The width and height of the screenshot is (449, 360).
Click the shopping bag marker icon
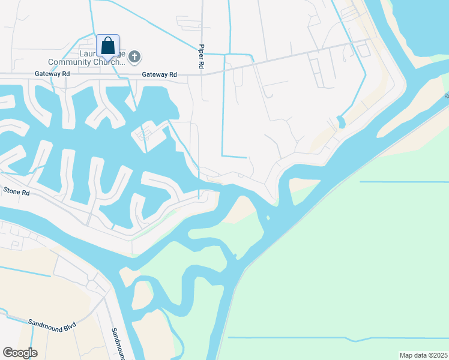(108, 46)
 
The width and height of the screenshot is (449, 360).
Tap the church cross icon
(135, 57)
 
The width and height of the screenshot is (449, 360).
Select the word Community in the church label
(70, 61)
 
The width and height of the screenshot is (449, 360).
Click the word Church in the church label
(107, 61)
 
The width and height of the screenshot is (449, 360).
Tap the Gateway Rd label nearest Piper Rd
(159, 74)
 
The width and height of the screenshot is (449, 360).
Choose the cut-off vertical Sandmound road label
(117, 344)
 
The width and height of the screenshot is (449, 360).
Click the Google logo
(20, 353)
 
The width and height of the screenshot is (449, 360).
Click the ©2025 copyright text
(438, 355)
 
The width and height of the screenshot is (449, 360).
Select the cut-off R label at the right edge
(446, 95)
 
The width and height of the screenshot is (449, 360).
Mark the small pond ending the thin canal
(341, 122)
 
